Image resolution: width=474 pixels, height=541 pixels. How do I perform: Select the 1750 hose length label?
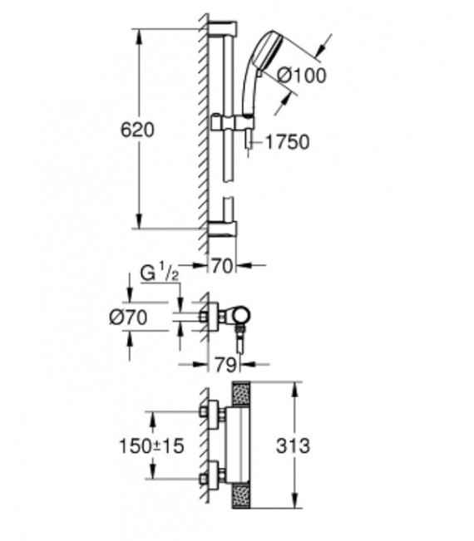287,142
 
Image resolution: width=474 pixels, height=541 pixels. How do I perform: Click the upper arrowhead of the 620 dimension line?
140,32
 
